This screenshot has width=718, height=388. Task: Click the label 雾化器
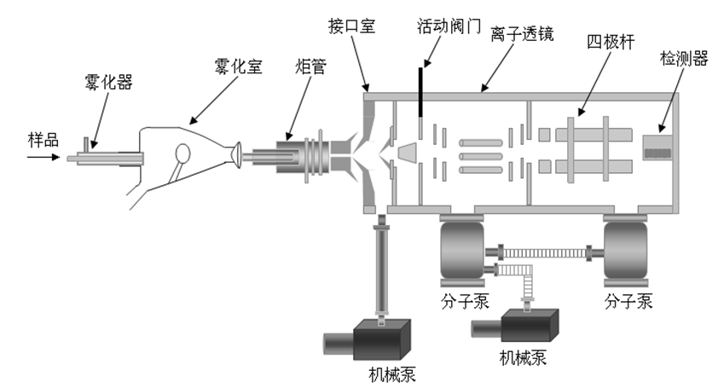tap(109, 84)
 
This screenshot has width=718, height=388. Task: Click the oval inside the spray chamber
tap(182, 153)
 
